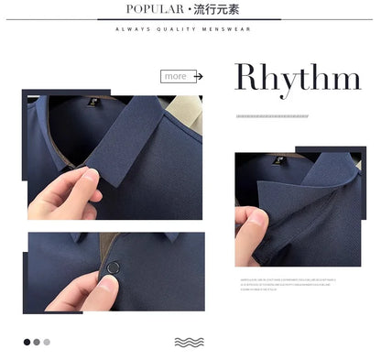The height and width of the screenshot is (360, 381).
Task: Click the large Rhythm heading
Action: (x=298, y=78)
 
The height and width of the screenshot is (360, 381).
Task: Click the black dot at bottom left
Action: (x=27, y=342)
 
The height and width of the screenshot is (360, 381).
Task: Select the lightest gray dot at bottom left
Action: (x=47, y=342)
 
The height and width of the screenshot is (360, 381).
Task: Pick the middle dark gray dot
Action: (x=37, y=342)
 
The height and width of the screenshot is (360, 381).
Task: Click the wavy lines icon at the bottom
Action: (x=189, y=342)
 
